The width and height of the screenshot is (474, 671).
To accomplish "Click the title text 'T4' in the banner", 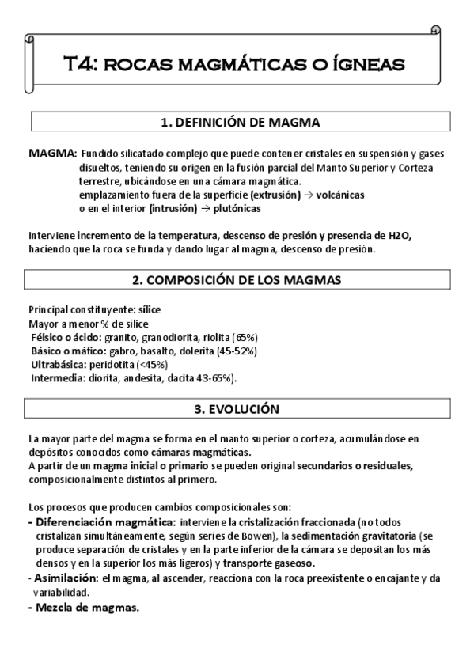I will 80,63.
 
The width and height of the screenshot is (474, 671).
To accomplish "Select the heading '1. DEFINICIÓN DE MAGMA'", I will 240,122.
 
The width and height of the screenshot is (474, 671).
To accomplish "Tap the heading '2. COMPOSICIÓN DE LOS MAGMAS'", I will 240,280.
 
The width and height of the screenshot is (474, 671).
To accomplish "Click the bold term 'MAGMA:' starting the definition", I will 52,152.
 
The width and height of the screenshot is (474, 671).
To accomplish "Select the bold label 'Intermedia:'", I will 56,378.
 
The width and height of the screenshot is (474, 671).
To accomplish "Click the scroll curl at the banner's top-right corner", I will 435,31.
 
